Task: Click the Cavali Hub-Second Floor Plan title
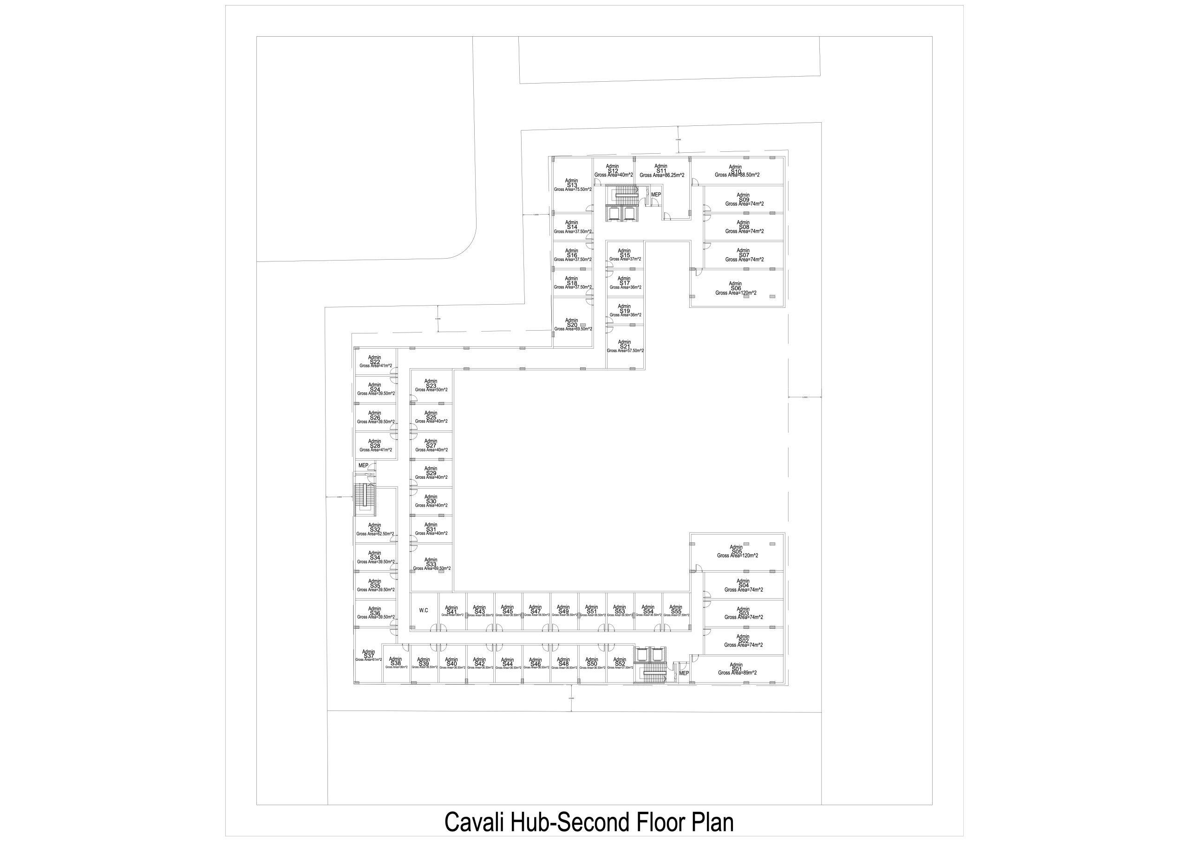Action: (x=589, y=822)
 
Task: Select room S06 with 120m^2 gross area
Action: (x=736, y=288)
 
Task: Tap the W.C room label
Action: (x=424, y=611)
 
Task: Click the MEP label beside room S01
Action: (x=684, y=673)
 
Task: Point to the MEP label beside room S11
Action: (x=656, y=195)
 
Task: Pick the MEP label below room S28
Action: (x=363, y=466)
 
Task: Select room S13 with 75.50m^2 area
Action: (x=572, y=185)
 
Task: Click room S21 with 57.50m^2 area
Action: (x=625, y=346)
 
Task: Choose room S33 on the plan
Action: (x=431, y=564)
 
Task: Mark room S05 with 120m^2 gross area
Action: (x=737, y=552)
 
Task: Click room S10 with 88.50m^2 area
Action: (x=736, y=171)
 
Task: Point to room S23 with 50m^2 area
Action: (x=431, y=385)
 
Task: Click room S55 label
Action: (x=676, y=611)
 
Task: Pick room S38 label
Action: (x=396, y=663)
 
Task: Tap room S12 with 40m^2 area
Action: (x=613, y=171)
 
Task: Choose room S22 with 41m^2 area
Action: (x=375, y=361)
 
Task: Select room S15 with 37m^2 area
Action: (x=625, y=255)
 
